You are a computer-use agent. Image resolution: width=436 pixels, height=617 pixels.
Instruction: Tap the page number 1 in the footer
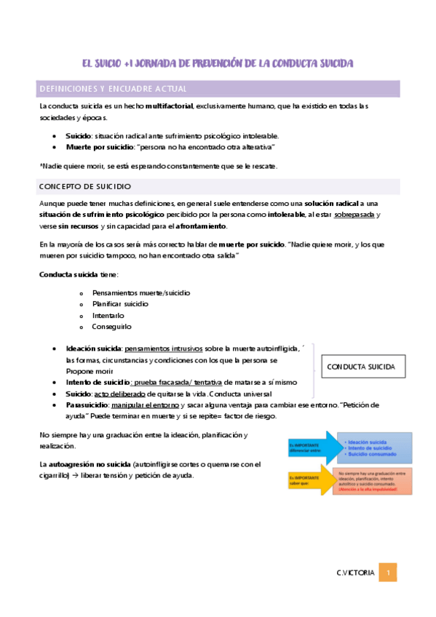coord(389,573)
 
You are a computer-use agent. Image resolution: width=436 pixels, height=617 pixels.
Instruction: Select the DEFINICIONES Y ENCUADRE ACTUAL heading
coord(113,89)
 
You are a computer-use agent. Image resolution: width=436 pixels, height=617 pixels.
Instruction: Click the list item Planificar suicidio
coord(120,303)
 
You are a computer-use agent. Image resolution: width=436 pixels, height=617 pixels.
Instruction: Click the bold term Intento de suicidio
coord(97,381)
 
